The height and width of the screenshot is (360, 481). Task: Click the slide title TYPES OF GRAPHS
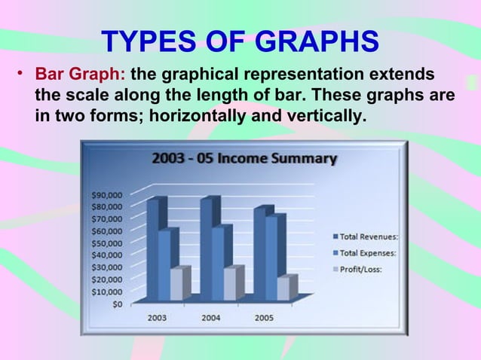[240, 43]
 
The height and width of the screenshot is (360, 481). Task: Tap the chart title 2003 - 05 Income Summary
[244, 159]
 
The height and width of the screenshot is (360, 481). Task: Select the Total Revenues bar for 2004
[207, 249]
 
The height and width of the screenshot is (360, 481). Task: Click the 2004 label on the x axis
[211, 318]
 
